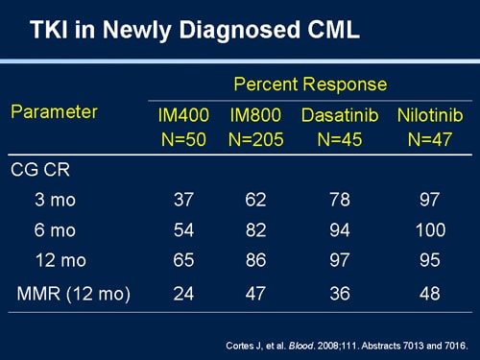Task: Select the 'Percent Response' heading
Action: tap(309, 84)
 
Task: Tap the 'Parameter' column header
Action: tap(54, 112)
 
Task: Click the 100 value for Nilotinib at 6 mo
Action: tap(430, 230)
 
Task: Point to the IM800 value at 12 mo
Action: tap(254, 259)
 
